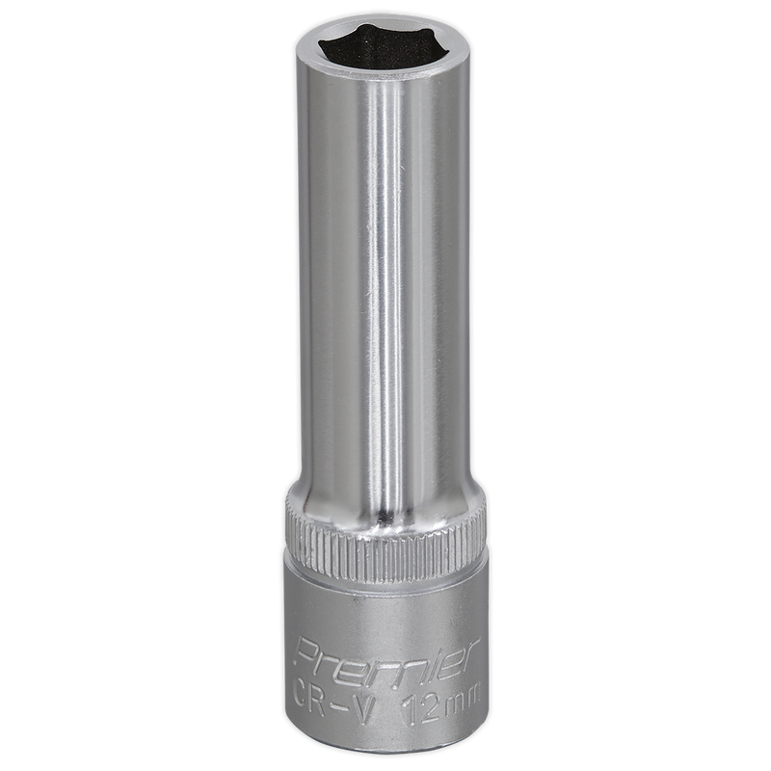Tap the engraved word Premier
(387, 658)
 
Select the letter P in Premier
(308, 653)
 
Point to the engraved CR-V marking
(332, 697)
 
